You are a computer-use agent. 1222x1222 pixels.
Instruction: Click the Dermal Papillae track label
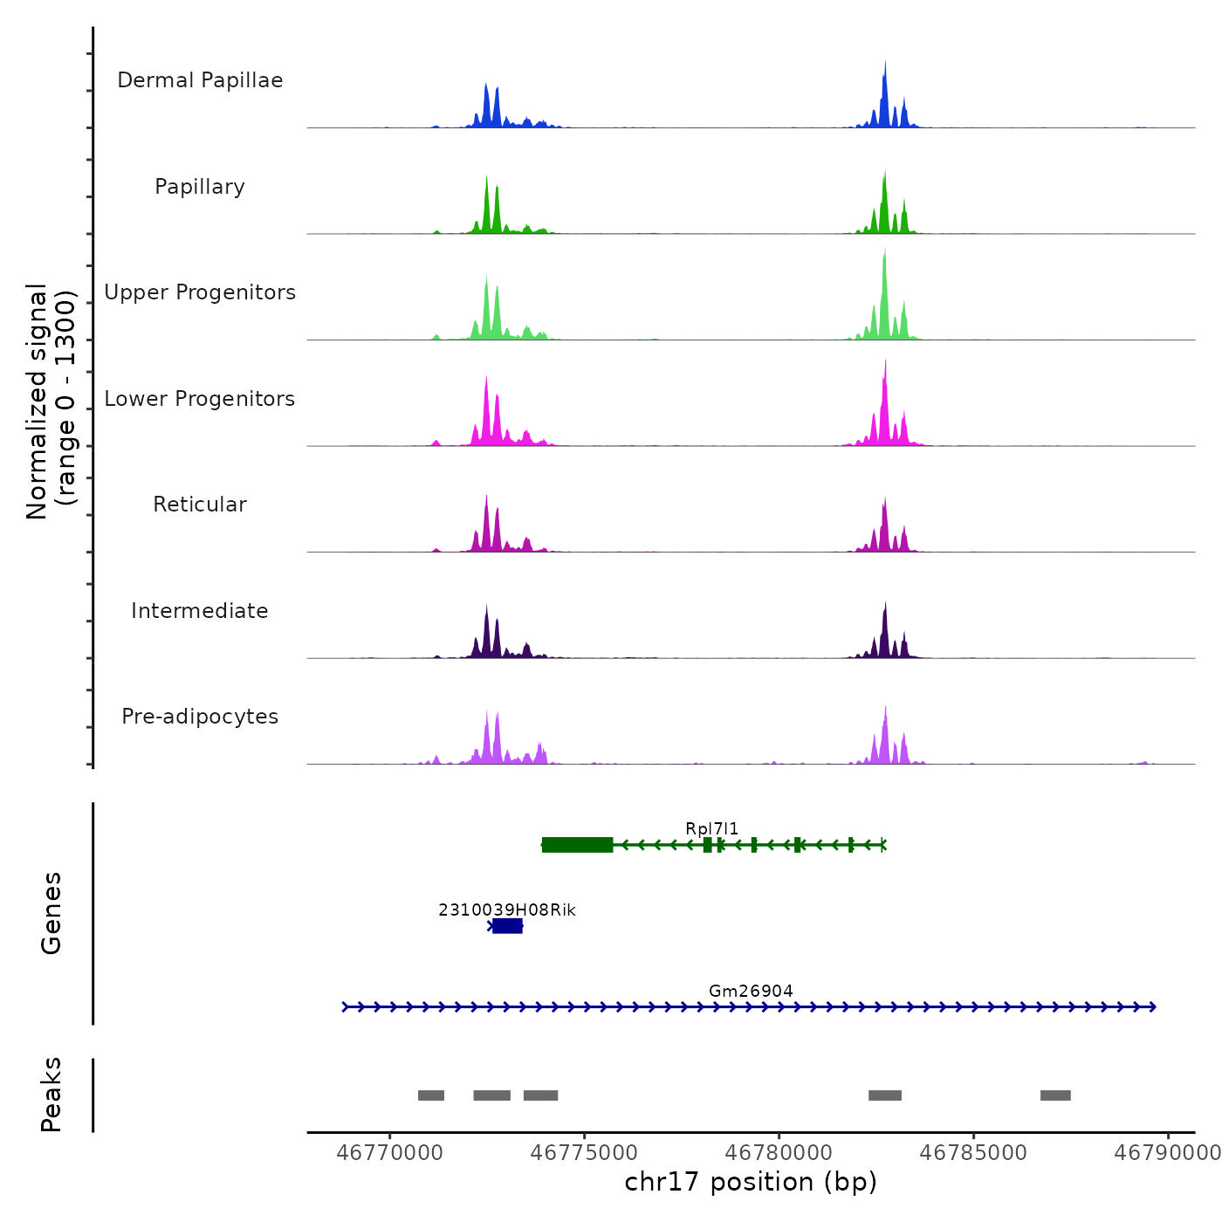[x=200, y=80]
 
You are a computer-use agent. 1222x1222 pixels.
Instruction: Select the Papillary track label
[x=200, y=187]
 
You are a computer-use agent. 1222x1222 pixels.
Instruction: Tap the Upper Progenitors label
[x=200, y=292]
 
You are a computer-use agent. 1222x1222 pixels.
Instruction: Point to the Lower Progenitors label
[x=200, y=399]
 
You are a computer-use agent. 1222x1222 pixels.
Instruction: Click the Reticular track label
[x=200, y=505]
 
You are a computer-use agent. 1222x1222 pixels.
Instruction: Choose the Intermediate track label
[x=200, y=611]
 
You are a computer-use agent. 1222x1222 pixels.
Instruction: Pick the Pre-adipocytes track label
[x=200, y=717]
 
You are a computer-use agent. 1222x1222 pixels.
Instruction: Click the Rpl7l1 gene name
[x=711, y=828]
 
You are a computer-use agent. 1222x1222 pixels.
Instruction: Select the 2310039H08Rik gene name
[x=507, y=910]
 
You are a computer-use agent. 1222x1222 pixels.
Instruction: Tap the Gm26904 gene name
[x=751, y=991]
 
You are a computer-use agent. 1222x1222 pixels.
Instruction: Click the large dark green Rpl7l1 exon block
[x=577, y=844]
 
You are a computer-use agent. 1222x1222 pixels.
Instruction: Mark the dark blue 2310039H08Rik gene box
[x=507, y=926]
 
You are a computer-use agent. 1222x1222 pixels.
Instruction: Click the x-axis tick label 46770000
[x=389, y=1153]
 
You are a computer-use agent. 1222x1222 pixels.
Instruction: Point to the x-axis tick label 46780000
[x=779, y=1153]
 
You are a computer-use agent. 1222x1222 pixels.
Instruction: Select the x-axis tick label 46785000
[x=973, y=1153]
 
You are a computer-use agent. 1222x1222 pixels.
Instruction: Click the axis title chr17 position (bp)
[x=751, y=1182]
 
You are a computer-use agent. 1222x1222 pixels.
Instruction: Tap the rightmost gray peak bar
[x=1055, y=1095]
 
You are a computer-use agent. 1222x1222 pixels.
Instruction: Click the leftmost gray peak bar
[x=431, y=1095]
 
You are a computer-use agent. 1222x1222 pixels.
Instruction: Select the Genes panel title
[x=51, y=913]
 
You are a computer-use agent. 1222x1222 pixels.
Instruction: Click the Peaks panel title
[x=51, y=1095]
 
